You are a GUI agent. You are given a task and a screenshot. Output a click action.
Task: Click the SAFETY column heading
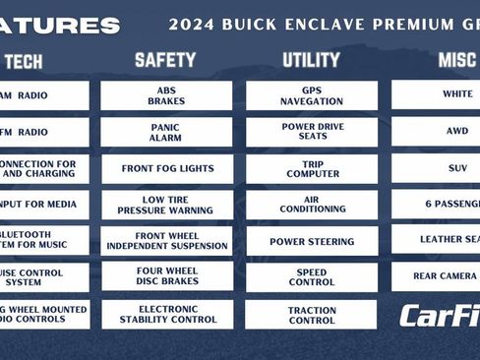pyautogui.click(x=166, y=61)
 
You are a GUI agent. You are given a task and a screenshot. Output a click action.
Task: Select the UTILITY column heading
pyautogui.click(x=311, y=61)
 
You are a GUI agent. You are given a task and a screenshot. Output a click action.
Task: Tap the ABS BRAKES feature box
pyautogui.click(x=166, y=95)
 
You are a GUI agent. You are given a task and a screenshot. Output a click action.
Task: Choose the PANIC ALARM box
pyautogui.click(x=166, y=133)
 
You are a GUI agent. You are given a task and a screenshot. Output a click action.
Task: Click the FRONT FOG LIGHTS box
pyautogui.click(x=166, y=168)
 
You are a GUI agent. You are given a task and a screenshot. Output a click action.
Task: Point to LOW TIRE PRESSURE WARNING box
pyautogui.click(x=166, y=205)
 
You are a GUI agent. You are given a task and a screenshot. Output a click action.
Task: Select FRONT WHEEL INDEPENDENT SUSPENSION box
pyautogui.click(x=166, y=241)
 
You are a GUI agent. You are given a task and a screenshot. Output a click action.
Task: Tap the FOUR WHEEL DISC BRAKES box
pyautogui.click(x=166, y=277)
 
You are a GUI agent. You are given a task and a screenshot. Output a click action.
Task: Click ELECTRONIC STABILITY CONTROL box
pyautogui.click(x=166, y=314)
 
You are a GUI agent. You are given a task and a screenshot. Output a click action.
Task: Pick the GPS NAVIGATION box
pyautogui.click(x=311, y=95)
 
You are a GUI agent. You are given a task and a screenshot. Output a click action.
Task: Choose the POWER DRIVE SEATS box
pyautogui.click(x=311, y=133)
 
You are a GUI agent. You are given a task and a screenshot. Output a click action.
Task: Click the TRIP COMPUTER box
pyautogui.click(x=311, y=168)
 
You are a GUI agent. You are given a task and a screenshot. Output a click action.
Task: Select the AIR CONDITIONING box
pyautogui.click(x=311, y=205)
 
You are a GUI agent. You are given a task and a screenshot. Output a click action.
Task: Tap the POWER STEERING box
pyautogui.click(x=311, y=241)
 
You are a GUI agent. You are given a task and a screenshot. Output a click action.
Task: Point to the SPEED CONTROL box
pyautogui.click(x=311, y=277)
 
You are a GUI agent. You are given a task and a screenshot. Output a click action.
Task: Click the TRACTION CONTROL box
pyautogui.click(x=311, y=314)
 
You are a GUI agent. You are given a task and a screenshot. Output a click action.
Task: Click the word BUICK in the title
pyautogui.click(x=251, y=25)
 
